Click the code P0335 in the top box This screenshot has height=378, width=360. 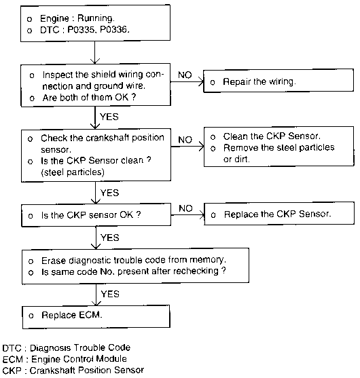(x=81, y=29)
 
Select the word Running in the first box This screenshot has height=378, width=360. (x=95, y=18)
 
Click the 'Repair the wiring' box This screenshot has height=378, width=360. (x=278, y=81)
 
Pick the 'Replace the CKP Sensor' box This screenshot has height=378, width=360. (x=279, y=214)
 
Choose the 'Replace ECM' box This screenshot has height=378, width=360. (x=96, y=316)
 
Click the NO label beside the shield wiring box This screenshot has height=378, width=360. (x=185, y=75)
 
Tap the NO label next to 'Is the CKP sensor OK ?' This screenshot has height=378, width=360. (x=185, y=208)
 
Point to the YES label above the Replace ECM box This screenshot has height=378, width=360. (x=110, y=294)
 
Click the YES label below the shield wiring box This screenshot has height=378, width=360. (x=109, y=117)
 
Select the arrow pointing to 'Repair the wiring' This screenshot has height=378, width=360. (x=187, y=81)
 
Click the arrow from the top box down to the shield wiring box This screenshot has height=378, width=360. (x=95, y=52)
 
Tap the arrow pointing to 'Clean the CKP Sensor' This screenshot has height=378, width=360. (x=187, y=147)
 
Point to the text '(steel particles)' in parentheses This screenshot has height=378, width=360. (x=73, y=172)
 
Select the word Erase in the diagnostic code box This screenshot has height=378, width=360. (x=54, y=261)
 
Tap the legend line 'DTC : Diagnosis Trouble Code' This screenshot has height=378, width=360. (x=67, y=348)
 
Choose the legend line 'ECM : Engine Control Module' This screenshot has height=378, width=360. (x=65, y=359)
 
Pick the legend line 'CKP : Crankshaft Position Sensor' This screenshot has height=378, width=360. (x=73, y=370)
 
